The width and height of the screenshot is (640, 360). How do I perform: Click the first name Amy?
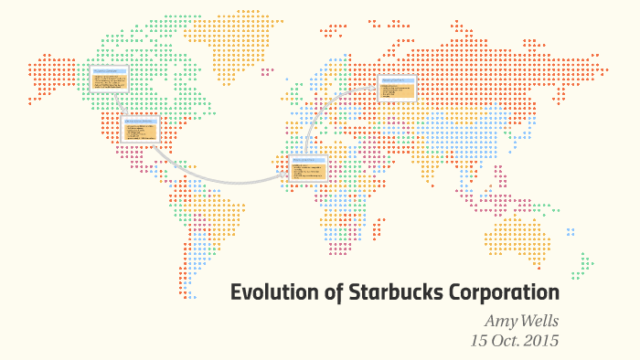pos(499,322)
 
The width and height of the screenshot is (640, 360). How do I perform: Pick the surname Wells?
pos(538,322)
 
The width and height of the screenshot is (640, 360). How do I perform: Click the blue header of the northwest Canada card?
pos(108,69)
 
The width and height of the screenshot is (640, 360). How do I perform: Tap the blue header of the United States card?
pos(140,121)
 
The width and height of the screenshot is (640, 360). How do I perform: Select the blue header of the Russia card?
pos(397,81)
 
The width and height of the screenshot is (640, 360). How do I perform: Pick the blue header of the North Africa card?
pos(307,161)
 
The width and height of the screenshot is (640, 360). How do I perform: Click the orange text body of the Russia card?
pos(397,91)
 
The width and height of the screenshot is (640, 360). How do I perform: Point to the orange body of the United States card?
pos(140,132)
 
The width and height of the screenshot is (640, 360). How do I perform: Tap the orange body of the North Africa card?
pos(307,173)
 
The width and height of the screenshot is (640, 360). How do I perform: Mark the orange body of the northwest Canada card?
pos(108,81)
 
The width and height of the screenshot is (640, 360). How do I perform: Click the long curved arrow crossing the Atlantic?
pos(219,178)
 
